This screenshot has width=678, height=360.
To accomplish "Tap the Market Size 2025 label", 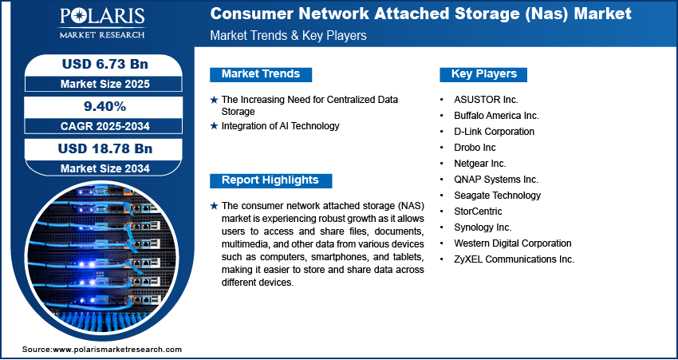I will pos(98,83).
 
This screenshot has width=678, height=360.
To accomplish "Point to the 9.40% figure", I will pos(98,105).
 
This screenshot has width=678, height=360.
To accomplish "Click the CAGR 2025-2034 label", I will pos(98,125).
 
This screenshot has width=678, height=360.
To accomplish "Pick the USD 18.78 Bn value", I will pos(98,148).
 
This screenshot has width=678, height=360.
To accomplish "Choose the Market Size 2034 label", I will pos(98,168).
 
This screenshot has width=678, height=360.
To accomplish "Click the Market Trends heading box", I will pos(261,74).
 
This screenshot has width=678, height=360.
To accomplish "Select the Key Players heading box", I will pos(483,74).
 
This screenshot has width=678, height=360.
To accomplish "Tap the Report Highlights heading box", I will pos(270,180).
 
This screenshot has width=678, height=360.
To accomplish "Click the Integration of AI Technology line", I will pos(280,126).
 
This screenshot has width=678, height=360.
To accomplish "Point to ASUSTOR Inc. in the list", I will pos(486,100).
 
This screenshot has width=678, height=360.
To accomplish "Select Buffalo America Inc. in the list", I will pos(496,116).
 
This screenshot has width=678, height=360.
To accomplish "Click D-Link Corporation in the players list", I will pos(494,132).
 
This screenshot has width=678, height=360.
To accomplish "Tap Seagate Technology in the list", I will pos(497,196).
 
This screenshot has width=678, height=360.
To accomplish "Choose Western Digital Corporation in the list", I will pos(512,243).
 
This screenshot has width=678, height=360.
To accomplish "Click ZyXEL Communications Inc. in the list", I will pos(514,259).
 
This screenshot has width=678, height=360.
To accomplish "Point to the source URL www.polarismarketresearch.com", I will pos(117,350).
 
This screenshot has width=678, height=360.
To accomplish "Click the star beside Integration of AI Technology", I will pos(214,126).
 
